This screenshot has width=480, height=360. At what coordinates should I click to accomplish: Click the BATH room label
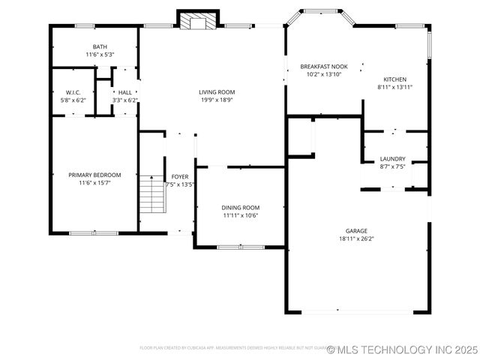100,46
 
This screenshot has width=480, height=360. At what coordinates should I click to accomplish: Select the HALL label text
124,92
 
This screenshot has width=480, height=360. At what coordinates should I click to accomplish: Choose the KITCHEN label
395,79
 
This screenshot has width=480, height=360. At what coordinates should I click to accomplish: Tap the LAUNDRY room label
392,158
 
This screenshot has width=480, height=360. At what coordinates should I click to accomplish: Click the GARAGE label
356,231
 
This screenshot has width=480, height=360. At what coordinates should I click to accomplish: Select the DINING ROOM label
240,207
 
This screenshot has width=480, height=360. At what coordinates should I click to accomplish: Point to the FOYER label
180,176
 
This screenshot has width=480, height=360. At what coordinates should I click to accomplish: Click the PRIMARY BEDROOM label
94,175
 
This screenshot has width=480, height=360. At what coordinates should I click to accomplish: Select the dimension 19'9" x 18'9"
216,100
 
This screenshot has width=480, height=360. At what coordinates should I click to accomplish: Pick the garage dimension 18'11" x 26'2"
356,238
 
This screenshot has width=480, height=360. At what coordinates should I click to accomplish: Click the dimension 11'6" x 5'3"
100,54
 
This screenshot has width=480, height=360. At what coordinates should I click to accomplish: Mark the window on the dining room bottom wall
239,247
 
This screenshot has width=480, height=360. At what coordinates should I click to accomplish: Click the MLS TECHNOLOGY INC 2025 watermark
403,349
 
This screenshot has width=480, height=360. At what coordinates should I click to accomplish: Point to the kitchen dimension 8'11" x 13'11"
395,87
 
